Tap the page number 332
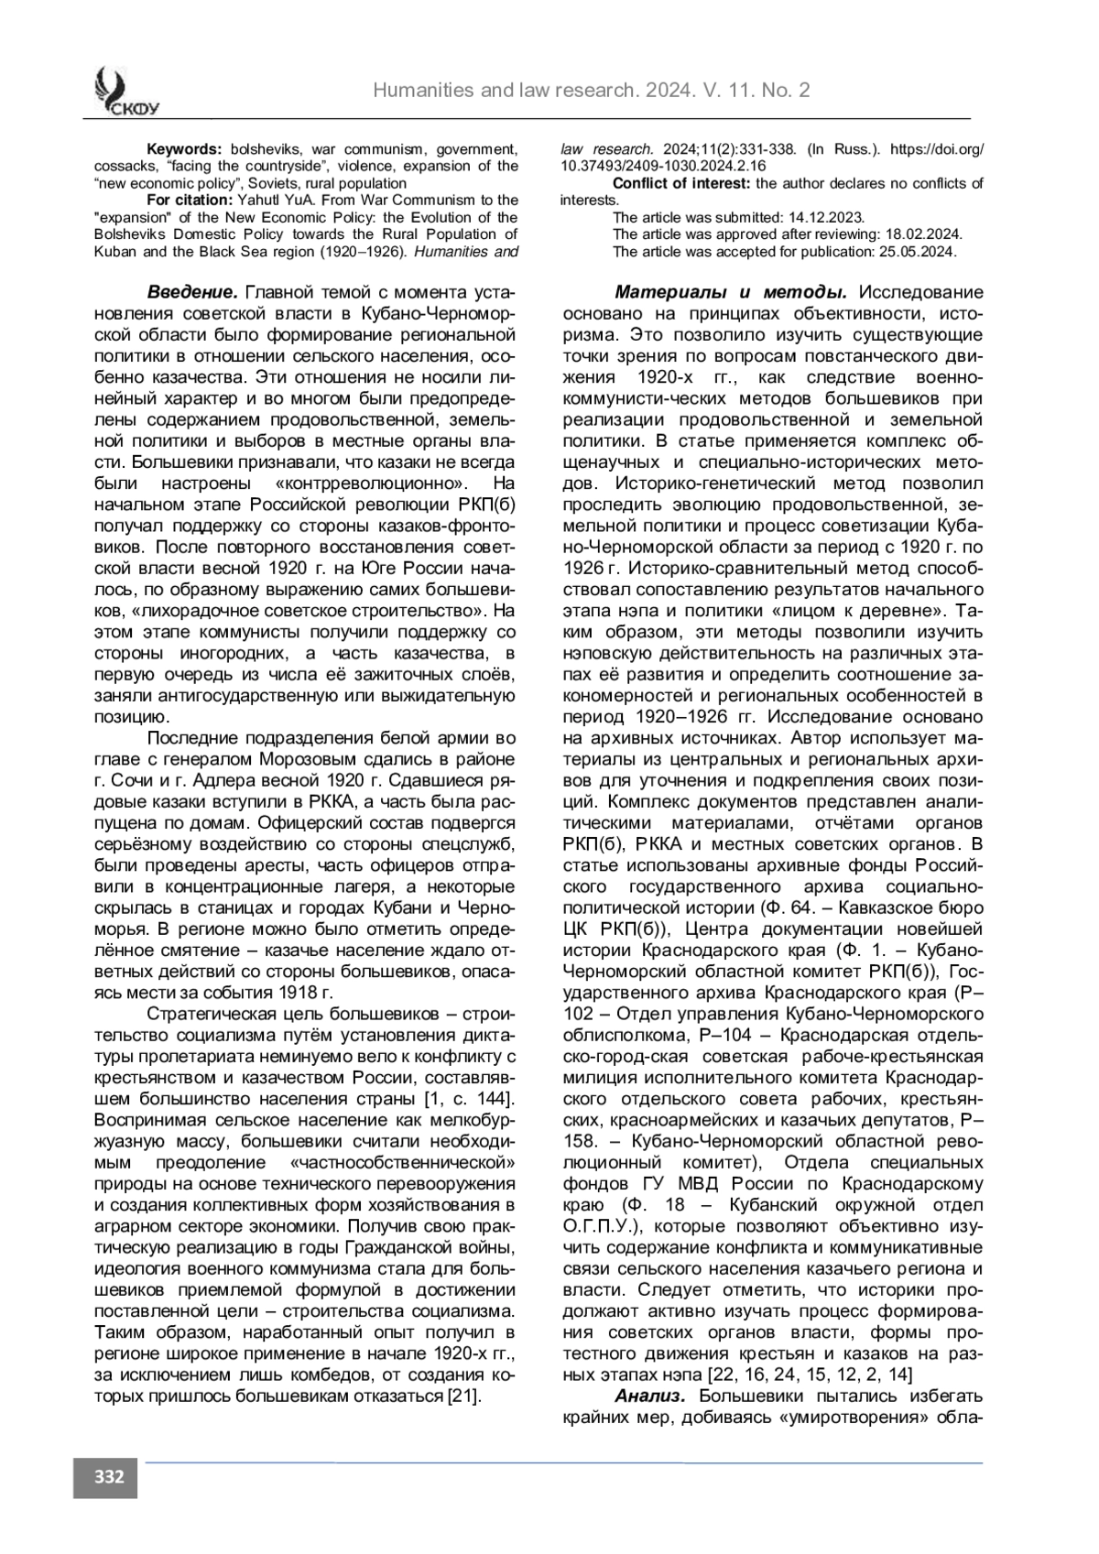(x=105, y=1477)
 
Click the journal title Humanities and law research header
(x=592, y=90)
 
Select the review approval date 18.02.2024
(x=915, y=234)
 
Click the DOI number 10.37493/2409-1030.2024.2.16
(x=663, y=166)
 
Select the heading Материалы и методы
(x=730, y=293)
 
